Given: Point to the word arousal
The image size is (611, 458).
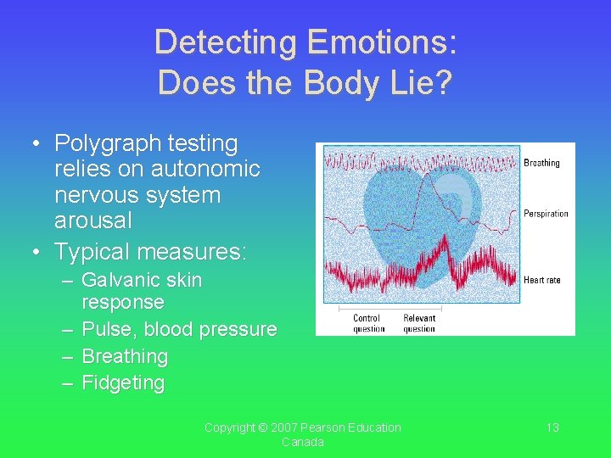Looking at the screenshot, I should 93,221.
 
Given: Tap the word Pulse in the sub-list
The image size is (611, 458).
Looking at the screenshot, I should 108,329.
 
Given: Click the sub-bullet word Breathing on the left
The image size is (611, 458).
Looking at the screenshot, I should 125,356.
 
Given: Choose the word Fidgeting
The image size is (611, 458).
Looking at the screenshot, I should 123,383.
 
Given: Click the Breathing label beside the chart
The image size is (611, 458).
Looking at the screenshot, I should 541,163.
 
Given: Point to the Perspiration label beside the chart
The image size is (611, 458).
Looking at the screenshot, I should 546,214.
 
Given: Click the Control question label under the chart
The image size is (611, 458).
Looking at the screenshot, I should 368,324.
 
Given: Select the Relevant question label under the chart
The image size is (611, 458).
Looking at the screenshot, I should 419,324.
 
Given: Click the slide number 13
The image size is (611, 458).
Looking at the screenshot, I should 552,427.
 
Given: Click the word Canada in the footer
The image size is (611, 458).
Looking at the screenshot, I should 303,443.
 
